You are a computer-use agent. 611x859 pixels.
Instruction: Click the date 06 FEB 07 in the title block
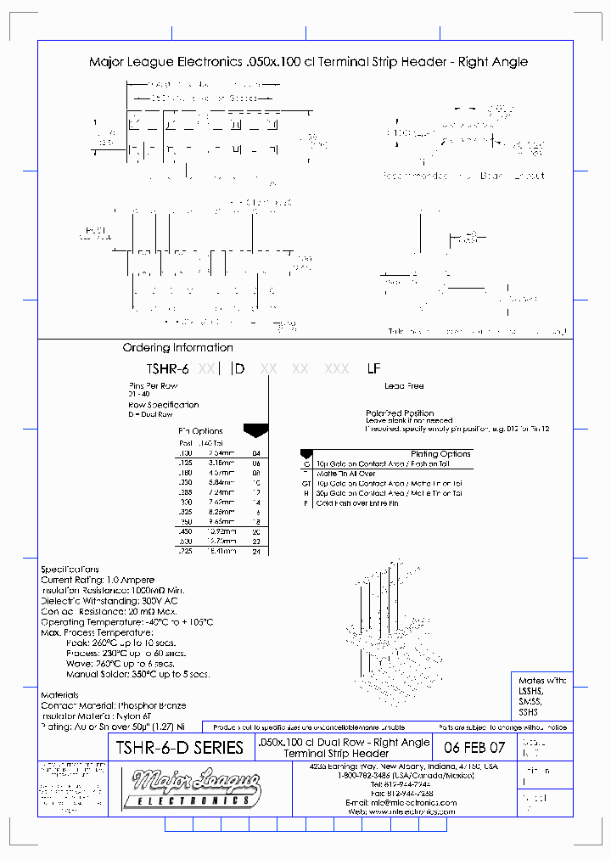coord(474,748)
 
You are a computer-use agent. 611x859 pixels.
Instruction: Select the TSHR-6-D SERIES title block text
coord(179,748)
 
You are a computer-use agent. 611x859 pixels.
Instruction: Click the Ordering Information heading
coord(177,347)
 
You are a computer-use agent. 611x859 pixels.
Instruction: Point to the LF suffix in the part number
coord(373,369)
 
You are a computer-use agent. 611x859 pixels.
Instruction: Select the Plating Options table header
coord(440,454)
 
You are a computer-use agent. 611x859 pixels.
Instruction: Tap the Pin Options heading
coord(200,431)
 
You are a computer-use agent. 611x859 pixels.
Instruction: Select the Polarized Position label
coord(399,413)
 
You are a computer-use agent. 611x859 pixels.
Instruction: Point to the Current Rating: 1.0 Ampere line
coord(98,580)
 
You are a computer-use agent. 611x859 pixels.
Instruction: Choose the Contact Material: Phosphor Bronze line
coord(113,705)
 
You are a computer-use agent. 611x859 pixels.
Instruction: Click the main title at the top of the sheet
coord(308,62)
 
